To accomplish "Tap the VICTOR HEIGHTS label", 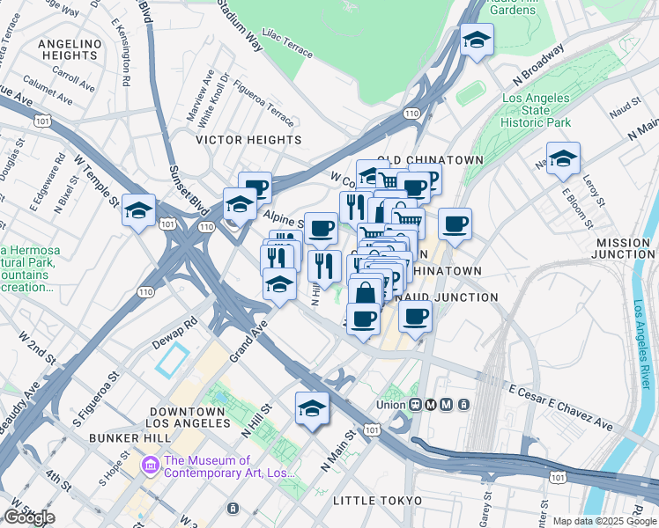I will (248, 140).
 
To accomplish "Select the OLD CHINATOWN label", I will (431, 159).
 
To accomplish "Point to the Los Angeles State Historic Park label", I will (536, 111).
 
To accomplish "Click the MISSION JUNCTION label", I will (625, 248).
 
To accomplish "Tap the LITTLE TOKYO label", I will (367, 501).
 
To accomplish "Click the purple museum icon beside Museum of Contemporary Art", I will (150, 463).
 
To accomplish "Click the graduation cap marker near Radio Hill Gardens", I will (477, 40).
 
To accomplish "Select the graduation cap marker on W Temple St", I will (138, 211).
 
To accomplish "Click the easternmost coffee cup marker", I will (455, 224).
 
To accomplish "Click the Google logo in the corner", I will (29, 517).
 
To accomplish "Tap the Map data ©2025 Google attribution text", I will (604, 521).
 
